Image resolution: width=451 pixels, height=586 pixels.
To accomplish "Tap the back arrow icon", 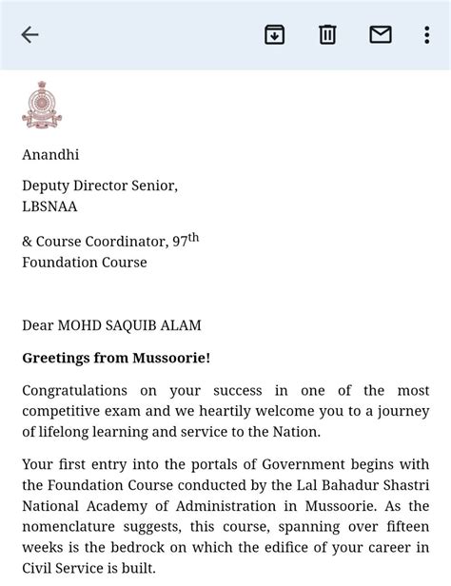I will [x=29, y=35].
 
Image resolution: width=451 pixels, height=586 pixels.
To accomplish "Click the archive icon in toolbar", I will [x=274, y=35].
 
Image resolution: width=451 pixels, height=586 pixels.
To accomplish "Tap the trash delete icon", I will [x=327, y=35].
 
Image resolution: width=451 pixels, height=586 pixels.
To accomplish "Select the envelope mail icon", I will [x=381, y=35].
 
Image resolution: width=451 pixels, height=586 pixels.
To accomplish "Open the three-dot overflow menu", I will [x=427, y=35].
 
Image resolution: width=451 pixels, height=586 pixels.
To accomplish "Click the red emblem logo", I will [x=41, y=105].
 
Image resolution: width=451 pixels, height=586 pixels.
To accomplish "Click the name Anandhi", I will [x=51, y=154].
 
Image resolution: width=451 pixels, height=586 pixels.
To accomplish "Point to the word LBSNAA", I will [x=49, y=205].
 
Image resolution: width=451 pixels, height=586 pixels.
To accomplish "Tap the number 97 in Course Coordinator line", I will [x=179, y=243].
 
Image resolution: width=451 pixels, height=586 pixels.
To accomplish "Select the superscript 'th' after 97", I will [x=193, y=238].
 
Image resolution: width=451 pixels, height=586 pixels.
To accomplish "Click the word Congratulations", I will [x=75, y=391].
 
